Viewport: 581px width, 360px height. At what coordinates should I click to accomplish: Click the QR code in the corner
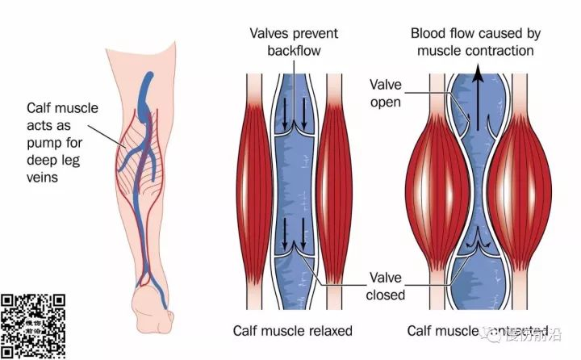[33, 326]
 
